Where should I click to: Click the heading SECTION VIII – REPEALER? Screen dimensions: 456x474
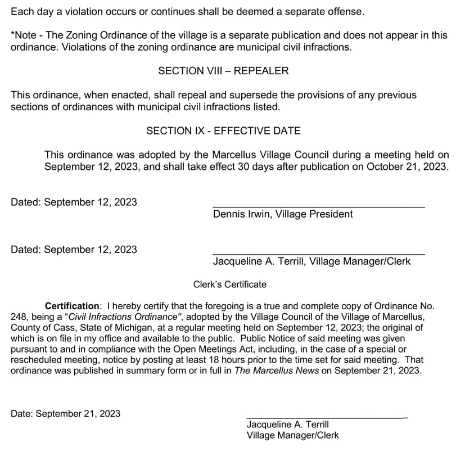[x=223, y=71]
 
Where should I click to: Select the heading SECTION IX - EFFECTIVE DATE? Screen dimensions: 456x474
[x=223, y=130]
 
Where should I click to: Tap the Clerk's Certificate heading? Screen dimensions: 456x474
[x=229, y=284]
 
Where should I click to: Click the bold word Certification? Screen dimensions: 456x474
[x=72, y=306]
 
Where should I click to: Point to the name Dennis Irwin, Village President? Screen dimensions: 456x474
[x=283, y=214]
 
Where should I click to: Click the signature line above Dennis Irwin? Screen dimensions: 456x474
[x=319, y=207]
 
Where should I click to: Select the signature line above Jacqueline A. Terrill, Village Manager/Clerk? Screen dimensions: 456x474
[x=319, y=255]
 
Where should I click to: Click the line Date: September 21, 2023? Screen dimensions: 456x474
[x=66, y=413]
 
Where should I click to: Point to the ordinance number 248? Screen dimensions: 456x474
[x=19, y=317]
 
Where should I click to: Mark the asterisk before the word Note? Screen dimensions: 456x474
[x=13, y=35]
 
